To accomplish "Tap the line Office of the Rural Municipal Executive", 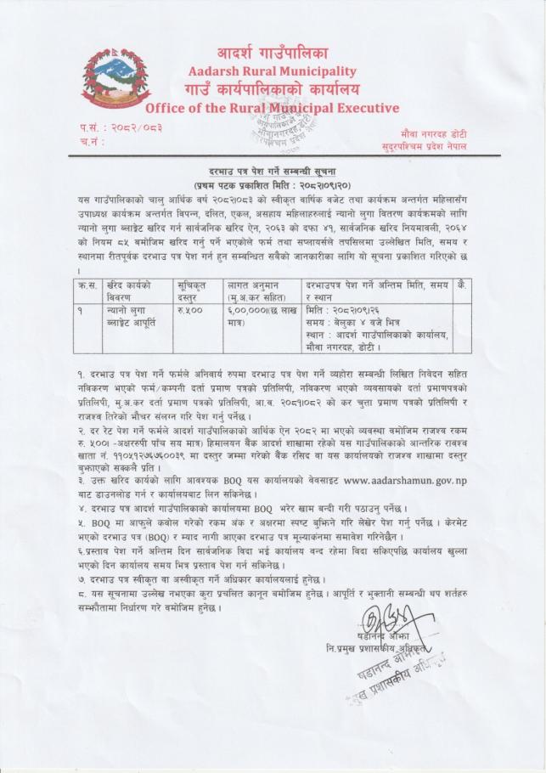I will [x=272, y=108].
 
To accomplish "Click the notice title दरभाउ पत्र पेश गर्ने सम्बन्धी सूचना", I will [x=272, y=171].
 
